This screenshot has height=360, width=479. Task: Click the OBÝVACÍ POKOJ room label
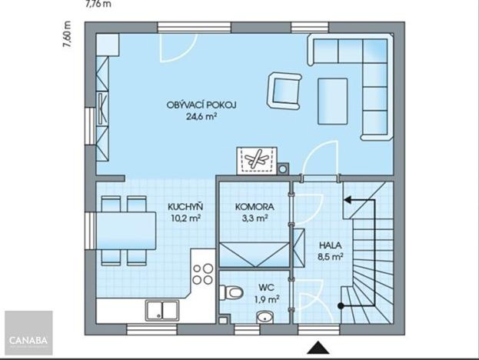[201, 105]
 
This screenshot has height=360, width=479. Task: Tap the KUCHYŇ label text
[186, 206]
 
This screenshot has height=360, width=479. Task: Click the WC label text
[266, 287]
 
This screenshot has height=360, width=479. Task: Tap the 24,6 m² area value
[201, 118]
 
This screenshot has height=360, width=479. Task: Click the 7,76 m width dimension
[97, 3]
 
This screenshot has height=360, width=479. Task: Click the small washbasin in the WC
[266, 315]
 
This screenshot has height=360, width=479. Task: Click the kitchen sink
[162, 310]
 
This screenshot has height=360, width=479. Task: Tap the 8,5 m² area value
[331, 258]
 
